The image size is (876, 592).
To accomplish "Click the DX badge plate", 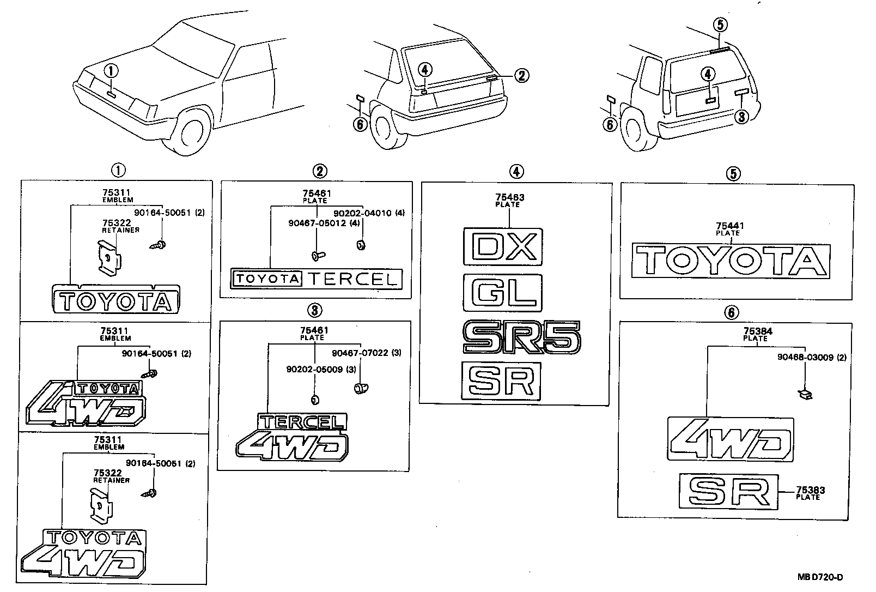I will point(502,246).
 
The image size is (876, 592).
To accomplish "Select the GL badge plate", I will point(502,293).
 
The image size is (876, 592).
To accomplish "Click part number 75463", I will point(510,197).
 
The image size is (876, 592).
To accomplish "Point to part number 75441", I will point(730,226).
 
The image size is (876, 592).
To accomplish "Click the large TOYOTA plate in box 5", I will point(732,261).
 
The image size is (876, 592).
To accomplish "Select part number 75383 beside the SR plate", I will point(810,490).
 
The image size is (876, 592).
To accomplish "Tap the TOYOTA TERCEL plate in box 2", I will point(317,279).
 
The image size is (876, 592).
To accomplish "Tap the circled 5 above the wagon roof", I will point(720,25).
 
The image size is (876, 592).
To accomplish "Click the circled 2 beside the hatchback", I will point(521,75).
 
